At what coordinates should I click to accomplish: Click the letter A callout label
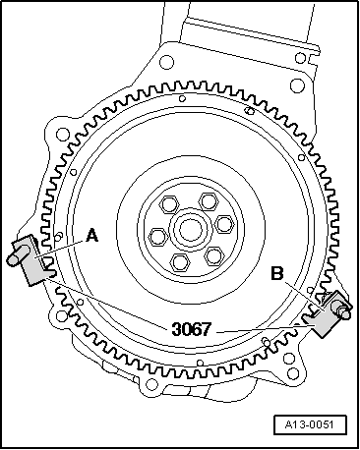click(x=92, y=236)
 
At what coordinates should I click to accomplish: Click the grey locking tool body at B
click(x=327, y=315)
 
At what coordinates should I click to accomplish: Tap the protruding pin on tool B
click(x=345, y=312)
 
